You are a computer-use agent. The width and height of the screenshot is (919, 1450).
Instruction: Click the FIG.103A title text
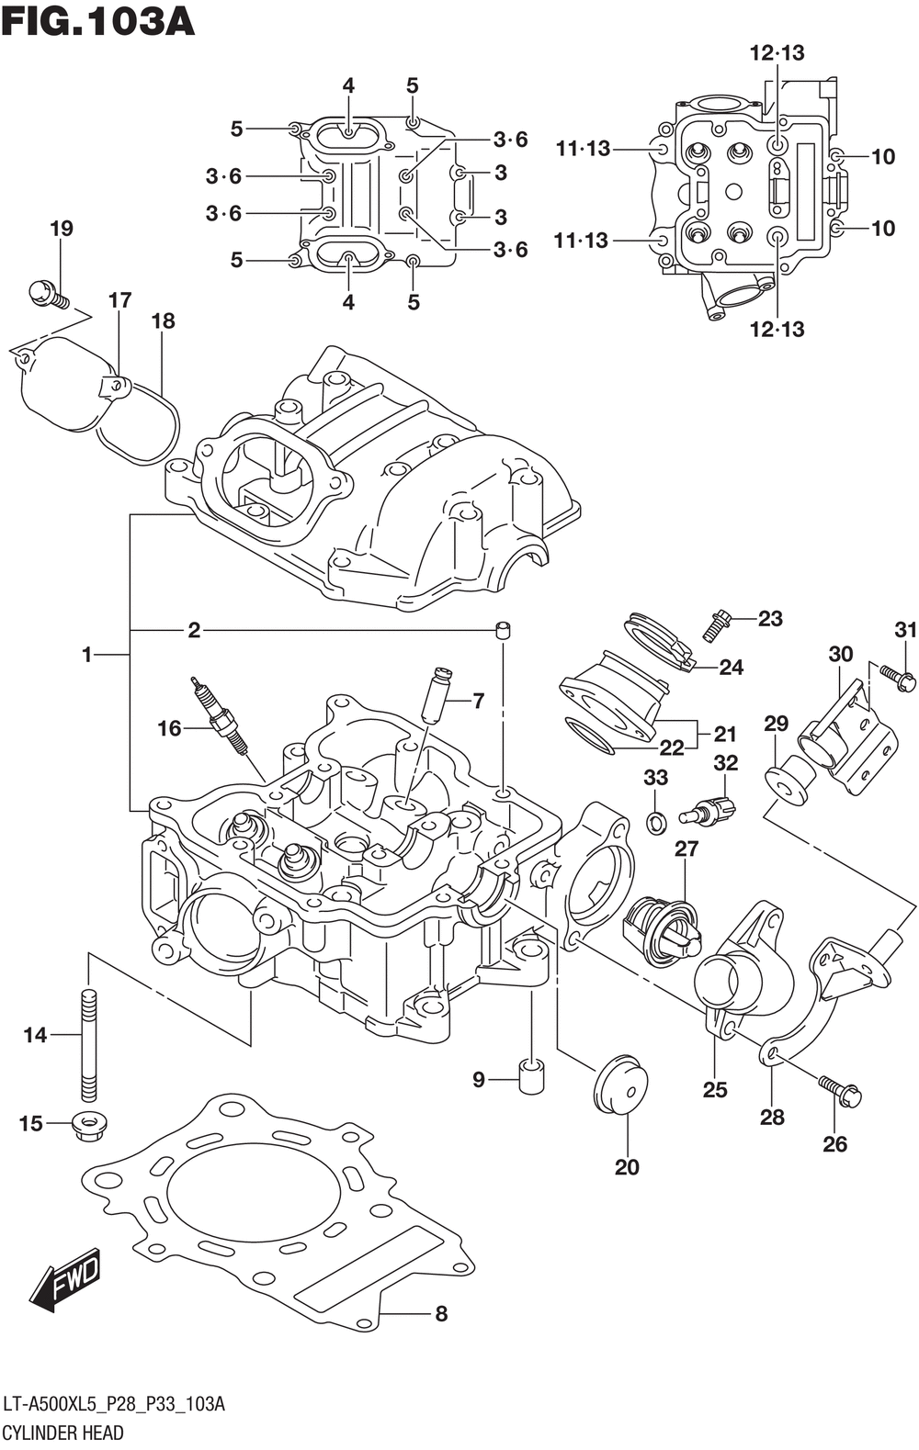pyautogui.click(x=97, y=21)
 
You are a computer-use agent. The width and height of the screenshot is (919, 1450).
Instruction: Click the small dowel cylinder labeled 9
pyautogui.click(x=532, y=1078)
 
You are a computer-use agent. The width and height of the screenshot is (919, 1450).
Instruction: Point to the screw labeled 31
pyautogui.click(x=898, y=677)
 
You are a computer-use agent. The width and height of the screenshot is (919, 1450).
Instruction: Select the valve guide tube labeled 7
pyautogui.click(x=436, y=696)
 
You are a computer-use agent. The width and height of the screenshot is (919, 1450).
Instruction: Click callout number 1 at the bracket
pyautogui.click(x=87, y=655)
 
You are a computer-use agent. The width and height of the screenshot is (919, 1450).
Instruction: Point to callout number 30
pyautogui.click(x=841, y=654)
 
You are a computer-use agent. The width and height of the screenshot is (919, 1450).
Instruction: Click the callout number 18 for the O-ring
pyautogui.click(x=164, y=320)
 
